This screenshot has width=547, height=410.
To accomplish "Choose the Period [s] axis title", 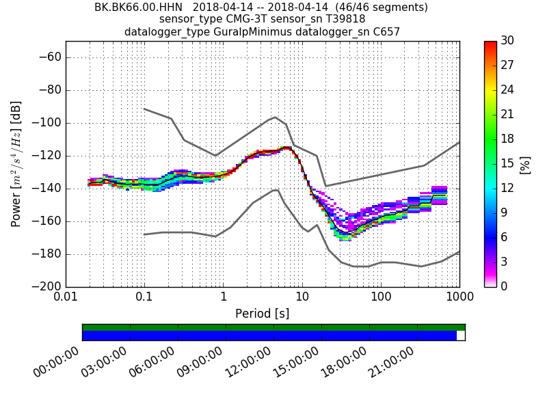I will (x=263, y=314).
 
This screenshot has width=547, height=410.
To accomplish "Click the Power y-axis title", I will (x=16, y=164).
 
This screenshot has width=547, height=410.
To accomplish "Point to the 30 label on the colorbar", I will (x=508, y=42).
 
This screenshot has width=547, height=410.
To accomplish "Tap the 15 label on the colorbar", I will (x=508, y=164).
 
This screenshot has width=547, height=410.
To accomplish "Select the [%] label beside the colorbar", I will (x=525, y=164).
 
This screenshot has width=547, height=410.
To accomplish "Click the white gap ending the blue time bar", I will (x=460, y=336).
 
